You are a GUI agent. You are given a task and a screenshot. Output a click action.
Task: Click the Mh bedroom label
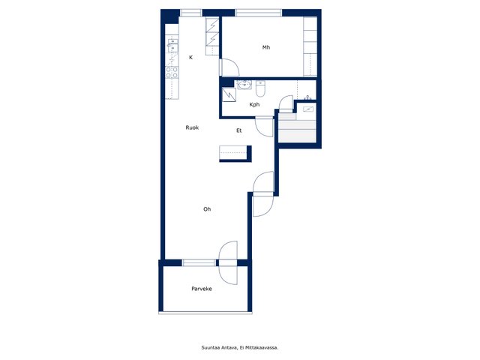[x=266, y=47]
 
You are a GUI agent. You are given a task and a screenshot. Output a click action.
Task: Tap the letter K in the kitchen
[x=190, y=57]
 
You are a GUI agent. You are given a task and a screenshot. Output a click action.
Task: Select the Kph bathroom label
[x=254, y=105]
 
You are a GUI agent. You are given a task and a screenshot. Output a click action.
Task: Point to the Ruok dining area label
[x=192, y=127]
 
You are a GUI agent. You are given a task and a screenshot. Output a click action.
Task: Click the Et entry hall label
[x=238, y=130]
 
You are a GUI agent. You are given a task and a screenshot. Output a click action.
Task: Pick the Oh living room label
[x=207, y=209]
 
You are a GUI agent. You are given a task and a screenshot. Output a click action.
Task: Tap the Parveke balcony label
[x=202, y=289]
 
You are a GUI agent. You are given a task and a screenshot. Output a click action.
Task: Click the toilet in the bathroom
[x=260, y=88]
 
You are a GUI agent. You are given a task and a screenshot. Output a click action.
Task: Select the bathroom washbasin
[x=244, y=85]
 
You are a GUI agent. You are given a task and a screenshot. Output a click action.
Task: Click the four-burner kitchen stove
[x=172, y=72]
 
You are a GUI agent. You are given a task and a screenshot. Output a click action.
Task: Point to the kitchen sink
[x=172, y=46]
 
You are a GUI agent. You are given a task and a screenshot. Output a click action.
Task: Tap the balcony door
[x=228, y=262]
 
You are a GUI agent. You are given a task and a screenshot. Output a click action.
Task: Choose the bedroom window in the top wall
[x=258, y=13]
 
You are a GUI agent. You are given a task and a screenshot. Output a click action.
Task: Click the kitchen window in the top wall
[x=190, y=13]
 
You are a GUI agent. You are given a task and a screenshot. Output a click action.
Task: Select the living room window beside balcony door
[x=199, y=262]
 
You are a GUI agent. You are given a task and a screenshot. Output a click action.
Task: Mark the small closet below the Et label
[x=235, y=153]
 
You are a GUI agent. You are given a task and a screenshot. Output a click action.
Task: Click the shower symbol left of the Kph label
[x=229, y=94]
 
